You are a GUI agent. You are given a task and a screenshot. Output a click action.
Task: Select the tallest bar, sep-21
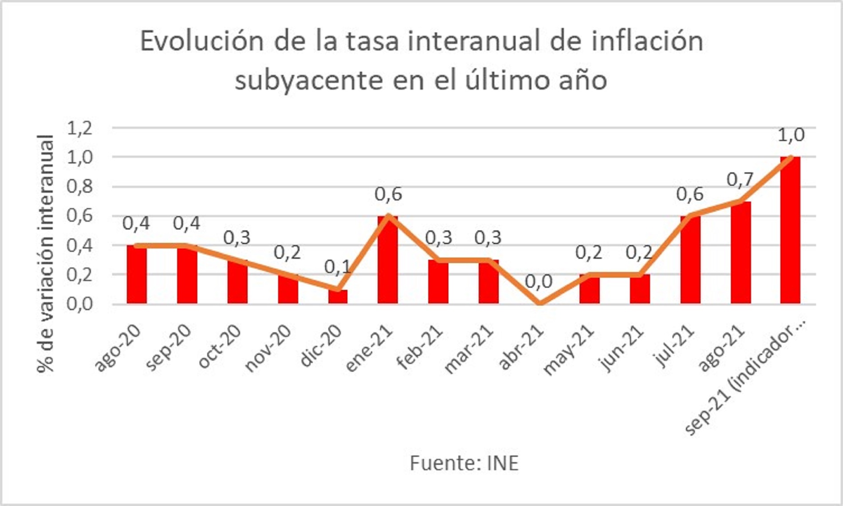[x=790, y=230]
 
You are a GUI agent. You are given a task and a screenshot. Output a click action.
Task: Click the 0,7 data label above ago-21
[x=740, y=179]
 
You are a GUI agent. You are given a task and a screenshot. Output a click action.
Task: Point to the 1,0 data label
[x=791, y=135]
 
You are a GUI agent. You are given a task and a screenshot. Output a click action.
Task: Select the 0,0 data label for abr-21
[x=539, y=281]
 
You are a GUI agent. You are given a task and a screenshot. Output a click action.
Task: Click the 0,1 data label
[x=338, y=267]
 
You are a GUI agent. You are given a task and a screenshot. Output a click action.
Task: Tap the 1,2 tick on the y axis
[x=80, y=128]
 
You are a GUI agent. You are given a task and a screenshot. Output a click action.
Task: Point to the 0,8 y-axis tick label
[x=80, y=187]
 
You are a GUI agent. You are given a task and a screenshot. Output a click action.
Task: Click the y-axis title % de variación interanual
[x=45, y=255]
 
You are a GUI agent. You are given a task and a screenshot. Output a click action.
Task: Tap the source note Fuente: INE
[x=464, y=463]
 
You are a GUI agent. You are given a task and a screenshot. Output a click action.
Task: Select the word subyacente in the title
[x=309, y=81]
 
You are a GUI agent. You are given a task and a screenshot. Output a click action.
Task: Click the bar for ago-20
[x=137, y=274]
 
